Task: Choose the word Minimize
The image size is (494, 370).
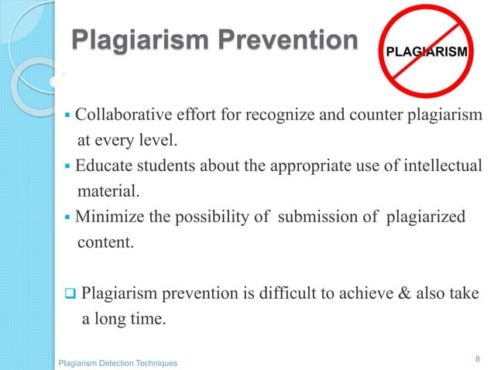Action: coord(108,217)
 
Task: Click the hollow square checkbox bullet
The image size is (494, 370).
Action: coord(68,294)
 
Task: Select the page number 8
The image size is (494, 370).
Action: coord(477,358)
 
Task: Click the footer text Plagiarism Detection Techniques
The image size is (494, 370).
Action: coord(118,362)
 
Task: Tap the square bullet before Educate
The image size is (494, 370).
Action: coord(68,166)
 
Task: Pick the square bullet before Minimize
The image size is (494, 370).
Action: coord(68,218)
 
